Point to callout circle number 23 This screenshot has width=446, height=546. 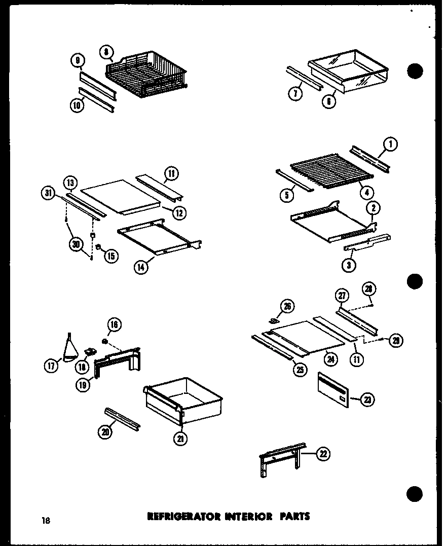[x=366, y=400]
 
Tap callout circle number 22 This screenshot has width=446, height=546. [x=323, y=454]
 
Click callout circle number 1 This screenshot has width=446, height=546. [x=391, y=144]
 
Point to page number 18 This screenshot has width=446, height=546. [x=46, y=519]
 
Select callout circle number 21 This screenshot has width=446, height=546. [x=180, y=439]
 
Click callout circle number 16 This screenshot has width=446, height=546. [x=114, y=325]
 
